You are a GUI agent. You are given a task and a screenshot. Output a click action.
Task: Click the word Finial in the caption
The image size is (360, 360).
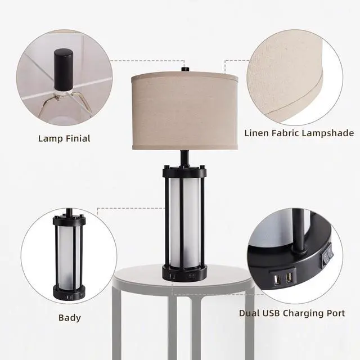pyautogui.click(x=76, y=138)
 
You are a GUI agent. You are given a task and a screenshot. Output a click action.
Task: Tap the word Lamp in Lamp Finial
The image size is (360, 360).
pyautogui.click(x=49, y=138)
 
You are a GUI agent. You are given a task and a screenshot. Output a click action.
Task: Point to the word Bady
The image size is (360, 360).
pyautogui.click(x=69, y=318)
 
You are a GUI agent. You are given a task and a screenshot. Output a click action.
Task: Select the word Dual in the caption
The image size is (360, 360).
pyautogui.click(x=250, y=313)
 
